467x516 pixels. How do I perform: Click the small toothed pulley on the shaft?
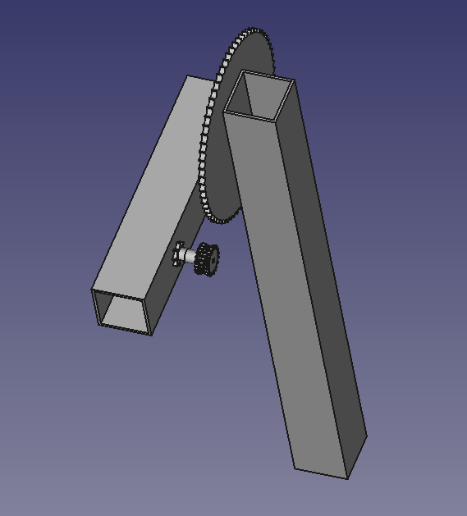click(x=206, y=260)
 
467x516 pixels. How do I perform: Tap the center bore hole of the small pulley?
click(x=211, y=261)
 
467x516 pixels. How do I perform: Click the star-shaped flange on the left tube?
click(x=178, y=256)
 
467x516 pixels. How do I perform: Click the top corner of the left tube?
click(x=189, y=76)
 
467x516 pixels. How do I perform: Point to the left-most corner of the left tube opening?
click(x=91, y=289)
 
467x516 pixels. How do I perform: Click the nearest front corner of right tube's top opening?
click(x=226, y=113)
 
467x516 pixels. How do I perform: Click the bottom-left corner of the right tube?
click(x=295, y=469)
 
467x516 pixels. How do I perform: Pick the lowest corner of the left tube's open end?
click(x=151, y=335)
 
